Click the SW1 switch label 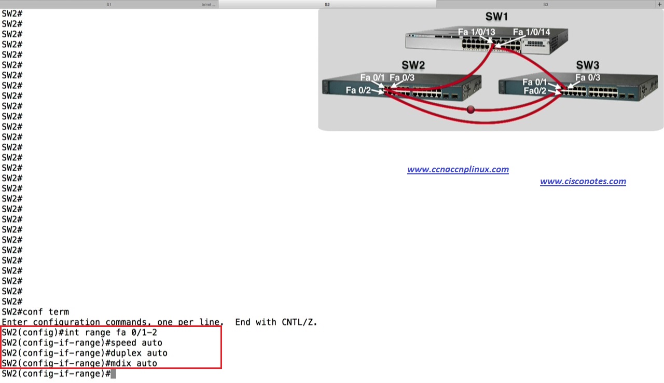pyautogui.click(x=496, y=17)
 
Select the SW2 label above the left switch pyautogui.click(x=413, y=65)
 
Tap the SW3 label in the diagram pyautogui.click(x=587, y=65)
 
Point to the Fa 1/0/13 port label pyautogui.click(x=476, y=32)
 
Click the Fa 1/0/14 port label pyautogui.click(x=531, y=32)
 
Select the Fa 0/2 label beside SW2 pyautogui.click(x=358, y=90)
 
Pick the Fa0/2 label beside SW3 pyautogui.click(x=535, y=91)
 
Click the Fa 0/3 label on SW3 pyautogui.click(x=588, y=78)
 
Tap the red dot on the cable pyautogui.click(x=471, y=110)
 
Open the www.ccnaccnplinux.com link pyautogui.click(x=458, y=169)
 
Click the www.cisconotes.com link pyautogui.click(x=583, y=181)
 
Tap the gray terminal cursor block pyautogui.click(x=113, y=374)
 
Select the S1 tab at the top pyautogui.click(x=109, y=4)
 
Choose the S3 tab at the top pyautogui.click(x=546, y=4)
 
